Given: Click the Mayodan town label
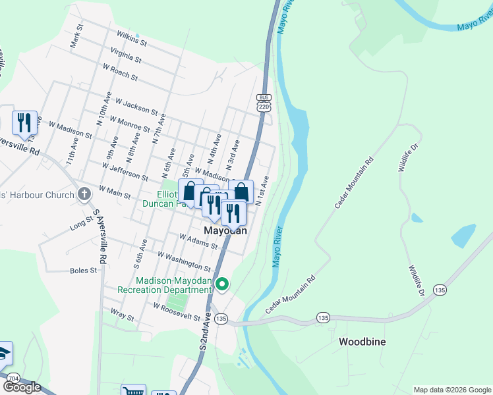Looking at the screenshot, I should [225, 231].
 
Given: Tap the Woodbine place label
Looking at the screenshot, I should [362, 342].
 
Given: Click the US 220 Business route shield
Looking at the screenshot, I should [264, 102].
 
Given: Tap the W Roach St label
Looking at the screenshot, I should [120, 72].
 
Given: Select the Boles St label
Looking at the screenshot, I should [83, 271].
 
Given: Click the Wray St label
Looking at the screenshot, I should [122, 315].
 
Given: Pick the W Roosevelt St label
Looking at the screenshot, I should [176, 312].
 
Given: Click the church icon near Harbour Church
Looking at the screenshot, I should [84, 194].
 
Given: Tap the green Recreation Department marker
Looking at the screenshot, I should [223, 284].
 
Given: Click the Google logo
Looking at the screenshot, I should [22, 387].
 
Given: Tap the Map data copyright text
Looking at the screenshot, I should [452, 390].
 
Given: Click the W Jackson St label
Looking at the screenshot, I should [137, 107].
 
